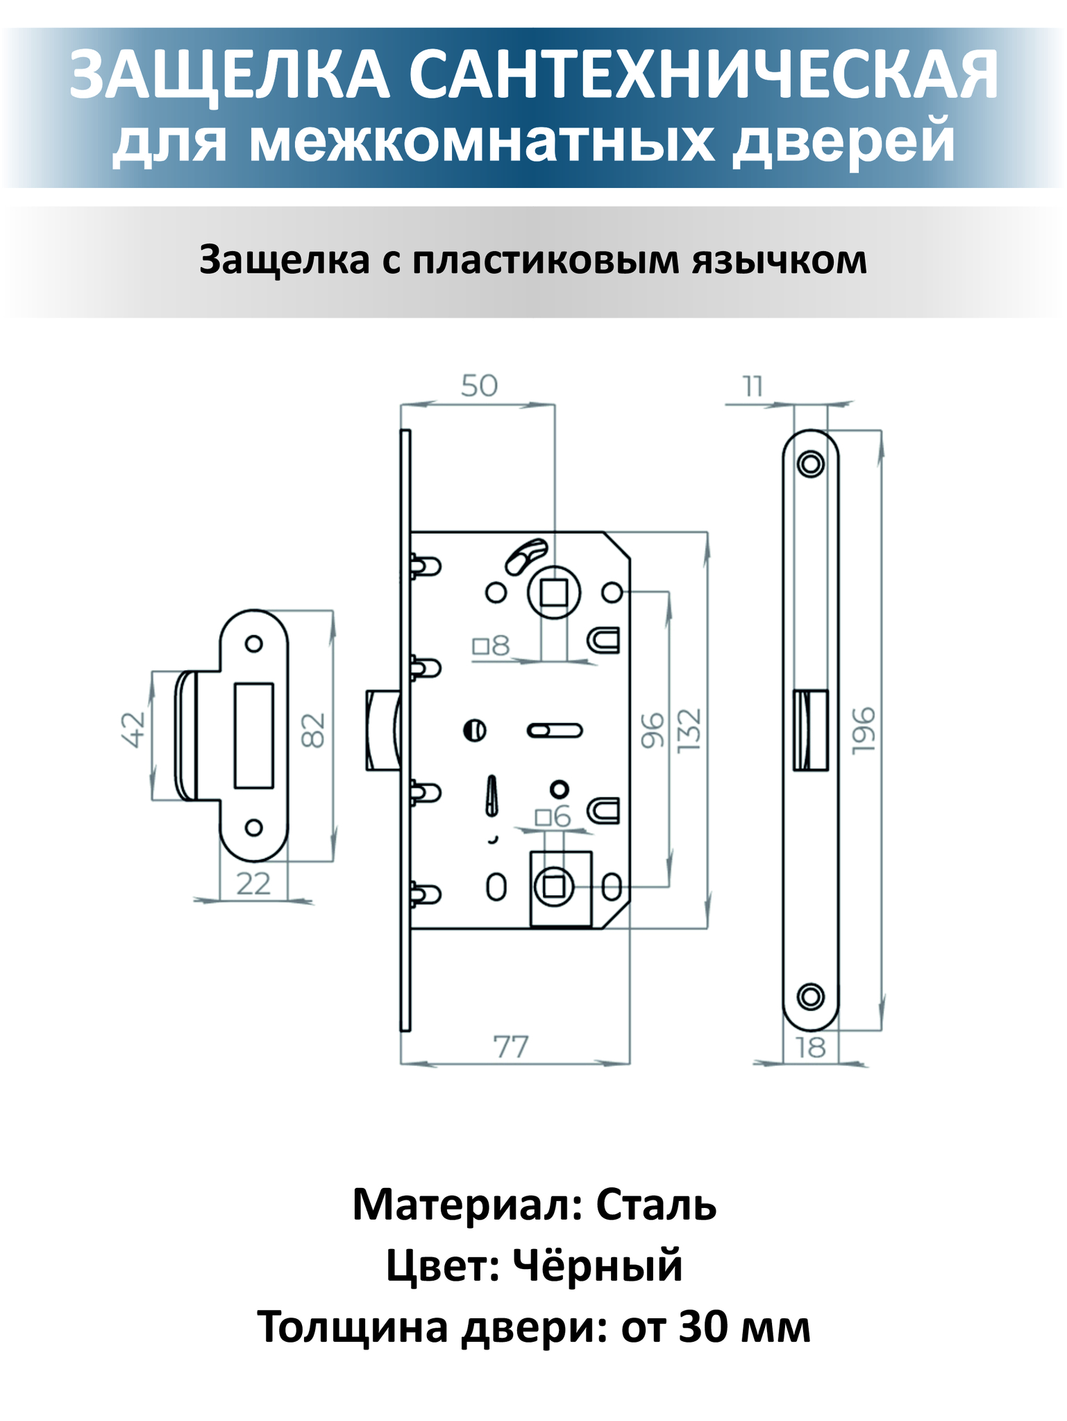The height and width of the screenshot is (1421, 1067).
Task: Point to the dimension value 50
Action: (x=479, y=386)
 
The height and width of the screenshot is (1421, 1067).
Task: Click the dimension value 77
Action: (x=511, y=1047)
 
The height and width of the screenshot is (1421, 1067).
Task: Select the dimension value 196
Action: (x=864, y=730)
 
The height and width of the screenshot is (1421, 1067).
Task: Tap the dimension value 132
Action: (x=690, y=730)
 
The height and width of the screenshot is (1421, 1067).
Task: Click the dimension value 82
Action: (x=314, y=731)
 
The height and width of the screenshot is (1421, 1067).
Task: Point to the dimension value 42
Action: (x=134, y=730)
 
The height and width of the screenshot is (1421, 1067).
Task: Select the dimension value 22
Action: (x=253, y=884)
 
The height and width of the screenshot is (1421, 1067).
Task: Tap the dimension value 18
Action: (x=810, y=1047)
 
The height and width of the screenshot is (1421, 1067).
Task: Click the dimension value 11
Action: (x=753, y=386)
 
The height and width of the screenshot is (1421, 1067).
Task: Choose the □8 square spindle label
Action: (x=492, y=647)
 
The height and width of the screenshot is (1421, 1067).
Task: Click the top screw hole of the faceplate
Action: (x=810, y=463)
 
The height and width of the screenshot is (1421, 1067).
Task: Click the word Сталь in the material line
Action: (x=656, y=1205)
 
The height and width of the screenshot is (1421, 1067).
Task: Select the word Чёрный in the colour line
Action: (x=598, y=1266)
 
